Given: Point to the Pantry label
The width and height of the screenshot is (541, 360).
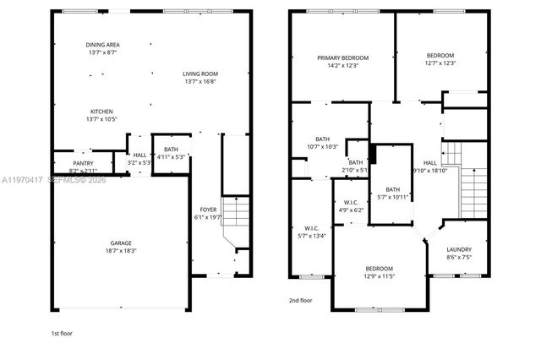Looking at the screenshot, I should pos(83,163).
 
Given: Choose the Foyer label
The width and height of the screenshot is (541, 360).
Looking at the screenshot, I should pos(208,210).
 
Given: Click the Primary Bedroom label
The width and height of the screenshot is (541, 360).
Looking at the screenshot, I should pos(343,58).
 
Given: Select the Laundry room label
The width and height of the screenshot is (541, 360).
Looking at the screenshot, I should pos(459,249).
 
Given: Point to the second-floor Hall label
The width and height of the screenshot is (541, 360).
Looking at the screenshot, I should pos(430,162).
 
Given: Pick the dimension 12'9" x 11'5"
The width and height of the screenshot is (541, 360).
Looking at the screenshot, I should pos(379,276).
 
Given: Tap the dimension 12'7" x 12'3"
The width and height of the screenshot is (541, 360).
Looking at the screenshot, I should pos(440,63).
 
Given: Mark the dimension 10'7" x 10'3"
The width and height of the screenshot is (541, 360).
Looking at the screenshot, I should pos(322,146).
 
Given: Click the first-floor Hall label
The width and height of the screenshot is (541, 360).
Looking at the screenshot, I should pos(139,155).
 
